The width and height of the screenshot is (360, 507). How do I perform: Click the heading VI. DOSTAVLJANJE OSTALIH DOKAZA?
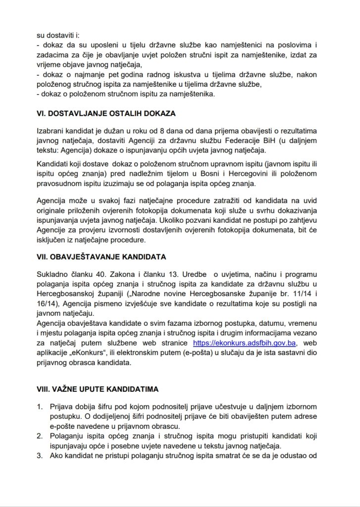[x=106, y=113]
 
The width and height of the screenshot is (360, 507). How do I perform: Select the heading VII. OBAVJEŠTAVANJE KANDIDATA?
[x=102, y=257]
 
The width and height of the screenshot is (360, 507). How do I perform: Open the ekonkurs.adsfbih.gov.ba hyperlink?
[x=245, y=343]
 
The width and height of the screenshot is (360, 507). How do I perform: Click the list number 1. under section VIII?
[x=41, y=407]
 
